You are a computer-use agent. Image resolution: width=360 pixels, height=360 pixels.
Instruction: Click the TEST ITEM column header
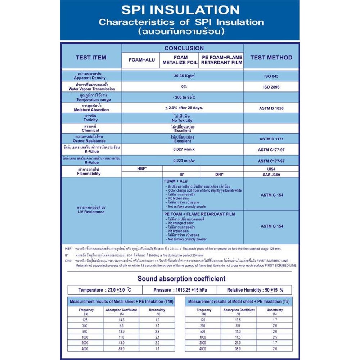click(x=91, y=57)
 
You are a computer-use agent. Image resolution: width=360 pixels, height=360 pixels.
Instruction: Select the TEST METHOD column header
click(x=271, y=57)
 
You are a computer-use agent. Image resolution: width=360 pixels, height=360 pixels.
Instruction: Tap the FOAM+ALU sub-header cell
click(x=142, y=60)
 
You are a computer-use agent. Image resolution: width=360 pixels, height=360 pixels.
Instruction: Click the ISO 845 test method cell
click(x=271, y=76)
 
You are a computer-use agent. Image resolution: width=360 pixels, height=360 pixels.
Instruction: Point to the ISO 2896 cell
click(x=271, y=87)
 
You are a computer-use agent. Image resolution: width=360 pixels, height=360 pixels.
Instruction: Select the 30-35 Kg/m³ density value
click(x=184, y=76)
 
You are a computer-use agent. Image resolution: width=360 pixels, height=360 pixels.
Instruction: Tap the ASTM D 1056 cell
click(x=271, y=108)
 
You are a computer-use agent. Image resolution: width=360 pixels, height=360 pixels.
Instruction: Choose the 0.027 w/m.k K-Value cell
click(x=184, y=149)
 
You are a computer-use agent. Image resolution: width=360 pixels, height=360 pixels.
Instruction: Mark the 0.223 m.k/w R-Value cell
click(x=184, y=161)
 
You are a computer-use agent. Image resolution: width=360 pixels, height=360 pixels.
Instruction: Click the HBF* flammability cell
click(x=142, y=168)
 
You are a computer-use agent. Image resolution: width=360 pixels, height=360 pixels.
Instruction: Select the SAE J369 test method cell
click(x=271, y=174)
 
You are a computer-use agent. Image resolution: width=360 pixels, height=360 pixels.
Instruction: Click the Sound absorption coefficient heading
click(x=181, y=279)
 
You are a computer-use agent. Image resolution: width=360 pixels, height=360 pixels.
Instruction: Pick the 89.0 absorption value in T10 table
click(x=121, y=349)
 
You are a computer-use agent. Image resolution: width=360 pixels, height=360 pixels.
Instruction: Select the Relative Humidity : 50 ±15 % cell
click(x=255, y=290)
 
